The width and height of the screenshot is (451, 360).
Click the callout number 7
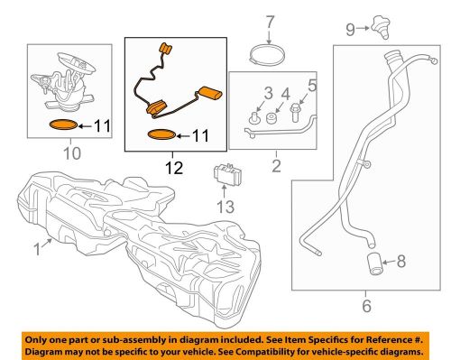point(270,22)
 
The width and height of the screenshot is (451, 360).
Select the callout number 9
point(351,30)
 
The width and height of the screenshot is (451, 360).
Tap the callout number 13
point(225,207)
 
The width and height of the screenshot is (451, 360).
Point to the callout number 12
point(174,168)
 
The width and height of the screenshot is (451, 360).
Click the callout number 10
point(72,153)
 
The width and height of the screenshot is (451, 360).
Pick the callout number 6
point(367,306)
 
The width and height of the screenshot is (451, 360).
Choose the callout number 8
point(401,261)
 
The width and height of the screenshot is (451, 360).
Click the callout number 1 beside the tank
point(37,250)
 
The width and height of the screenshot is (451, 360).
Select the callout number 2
point(276,166)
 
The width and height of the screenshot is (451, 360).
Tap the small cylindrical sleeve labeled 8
point(374,264)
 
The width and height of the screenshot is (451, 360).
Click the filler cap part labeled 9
point(381,28)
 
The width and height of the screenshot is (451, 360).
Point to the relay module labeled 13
point(227,174)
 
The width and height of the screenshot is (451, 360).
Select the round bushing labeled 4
point(272,118)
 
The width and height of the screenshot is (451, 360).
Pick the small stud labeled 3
point(253,117)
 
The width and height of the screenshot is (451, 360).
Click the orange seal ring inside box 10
point(64,125)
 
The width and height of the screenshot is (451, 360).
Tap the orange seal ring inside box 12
point(161,135)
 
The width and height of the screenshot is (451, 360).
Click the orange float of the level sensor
point(210,92)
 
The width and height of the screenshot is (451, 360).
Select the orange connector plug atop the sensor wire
point(165,49)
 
